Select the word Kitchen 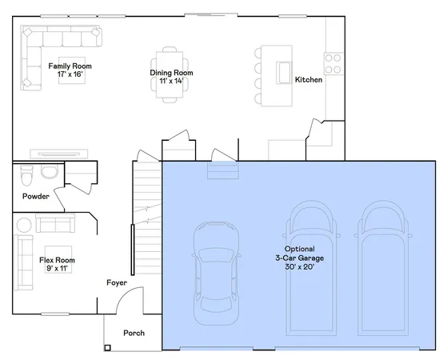[309, 80]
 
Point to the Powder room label [36, 196]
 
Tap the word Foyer [118, 282]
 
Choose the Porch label [134, 333]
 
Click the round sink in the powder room [50, 171]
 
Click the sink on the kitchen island [284, 73]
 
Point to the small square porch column [108, 348]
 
